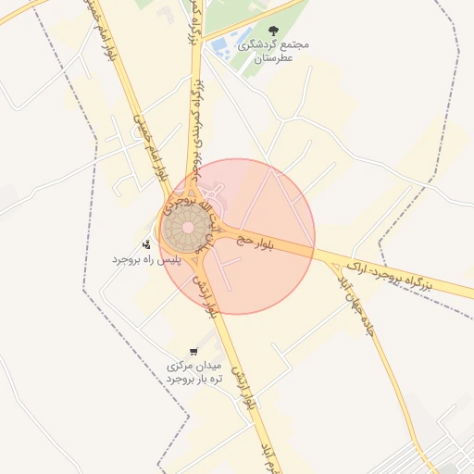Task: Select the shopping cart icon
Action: pyautogui.click(x=193, y=352)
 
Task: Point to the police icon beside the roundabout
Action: pyautogui.click(x=147, y=244)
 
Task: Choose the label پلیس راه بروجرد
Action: pyautogui.click(x=145, y=260)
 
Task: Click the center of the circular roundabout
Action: pyautogui.click(x=188, y=227)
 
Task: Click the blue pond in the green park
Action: pyautogui.click(x=222, y=44)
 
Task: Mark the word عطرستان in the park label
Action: pyautogui.click(x=272, y=57)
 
